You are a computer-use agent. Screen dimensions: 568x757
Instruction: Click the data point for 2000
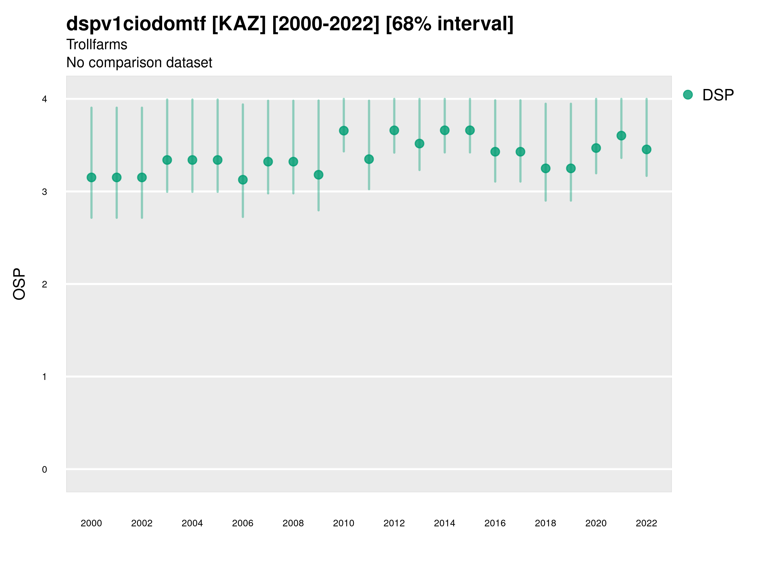[x=91, y=177]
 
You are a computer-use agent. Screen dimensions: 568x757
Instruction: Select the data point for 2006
[x=243, y=180]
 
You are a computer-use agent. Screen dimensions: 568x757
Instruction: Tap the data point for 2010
[x=343, y=130]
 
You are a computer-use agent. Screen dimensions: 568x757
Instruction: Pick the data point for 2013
[x=419, y=144]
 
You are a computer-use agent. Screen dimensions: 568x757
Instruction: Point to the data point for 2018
[x=545, y=169]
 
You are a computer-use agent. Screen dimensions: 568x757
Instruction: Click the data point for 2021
[x=621, y=136]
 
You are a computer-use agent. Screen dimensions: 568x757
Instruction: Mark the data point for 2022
[x=647, y=149]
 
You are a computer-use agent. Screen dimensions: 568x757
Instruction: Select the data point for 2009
[x=318, y=175]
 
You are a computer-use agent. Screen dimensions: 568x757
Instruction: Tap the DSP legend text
[x=718, y=95]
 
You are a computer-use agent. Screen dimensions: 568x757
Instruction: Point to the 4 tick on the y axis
[x=44, y=99]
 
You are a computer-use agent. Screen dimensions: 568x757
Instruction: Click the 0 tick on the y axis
[x=44, y=470]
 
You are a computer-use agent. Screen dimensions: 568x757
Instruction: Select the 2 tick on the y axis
[x=44, y=284]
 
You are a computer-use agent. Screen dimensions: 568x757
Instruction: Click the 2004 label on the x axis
[x=192, y=523]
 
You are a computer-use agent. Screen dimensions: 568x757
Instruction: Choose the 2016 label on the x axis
[x=495, y=523]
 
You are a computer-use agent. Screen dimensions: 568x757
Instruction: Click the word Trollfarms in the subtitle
[x=97, y=44]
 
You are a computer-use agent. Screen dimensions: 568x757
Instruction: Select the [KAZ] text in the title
[x=238, y=24]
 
